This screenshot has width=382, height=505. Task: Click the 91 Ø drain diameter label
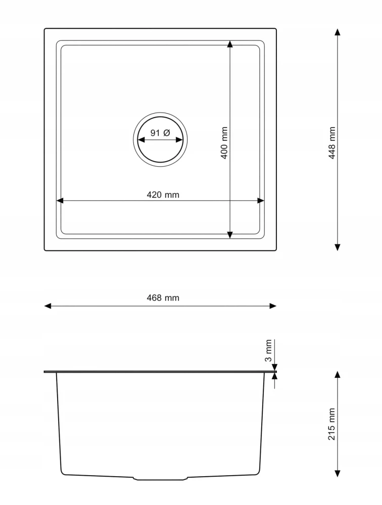[160, 133]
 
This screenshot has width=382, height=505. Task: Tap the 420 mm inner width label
[163, 195]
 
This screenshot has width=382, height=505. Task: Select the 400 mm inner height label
[224, 143]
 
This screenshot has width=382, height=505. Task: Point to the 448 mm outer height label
[331, 143]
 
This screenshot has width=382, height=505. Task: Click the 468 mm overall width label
[163, 298]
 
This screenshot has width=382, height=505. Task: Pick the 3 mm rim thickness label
[268, 350]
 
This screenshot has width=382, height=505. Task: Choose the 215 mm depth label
[331, 424]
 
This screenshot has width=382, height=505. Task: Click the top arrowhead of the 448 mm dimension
[338, 32]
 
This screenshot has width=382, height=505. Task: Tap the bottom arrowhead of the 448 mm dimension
[338, 247]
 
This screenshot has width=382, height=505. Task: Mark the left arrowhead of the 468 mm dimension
[47, 306]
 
